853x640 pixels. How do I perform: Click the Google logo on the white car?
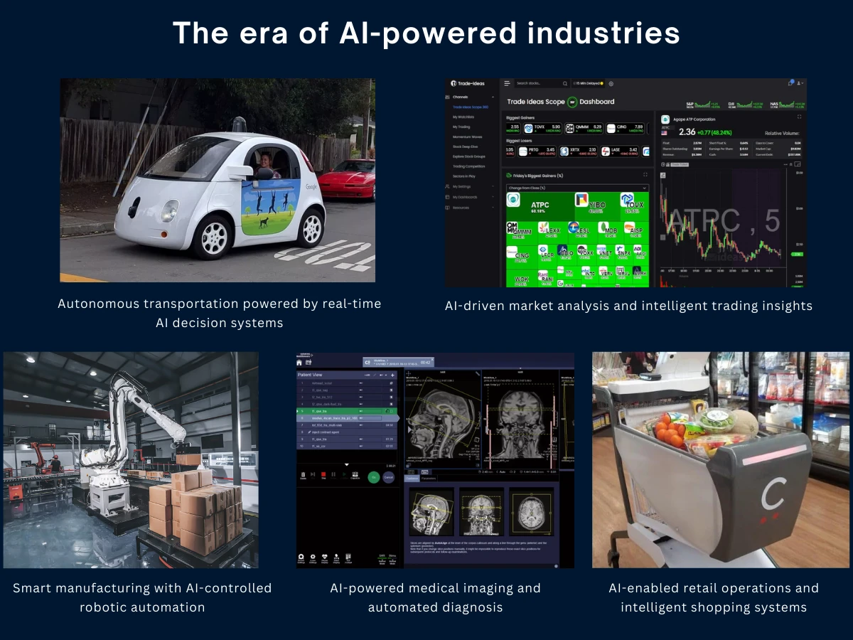pyautogui.click(x=311, y=186)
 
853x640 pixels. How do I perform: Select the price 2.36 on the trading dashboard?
pyautogui.click(x=687, y=132)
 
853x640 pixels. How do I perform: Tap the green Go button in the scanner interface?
pyautogui.click(x=373, y=477)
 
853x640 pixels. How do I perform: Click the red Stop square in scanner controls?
pyautogui.click(x=324, y=474)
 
